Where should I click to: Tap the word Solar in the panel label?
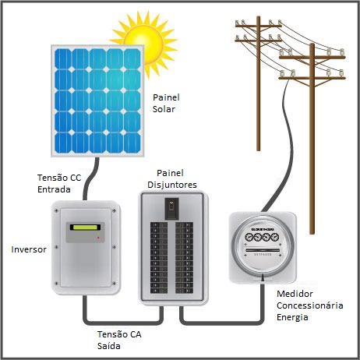coord(164,109)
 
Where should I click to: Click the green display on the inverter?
coord(85,228)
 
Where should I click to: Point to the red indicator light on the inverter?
coord(98,238)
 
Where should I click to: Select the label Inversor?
coord(29,249)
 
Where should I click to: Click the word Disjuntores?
coord(172,185)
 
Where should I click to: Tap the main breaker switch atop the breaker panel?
coord(171,209)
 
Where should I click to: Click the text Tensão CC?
coord(59,178)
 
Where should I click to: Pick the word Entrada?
coord(54,189)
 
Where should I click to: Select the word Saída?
coord(109,346)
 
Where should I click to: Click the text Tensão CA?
coord(119,334)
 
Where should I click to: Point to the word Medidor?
coord(295,294)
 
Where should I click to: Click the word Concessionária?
coord(310,305)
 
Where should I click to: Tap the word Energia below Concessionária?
coord(292,317)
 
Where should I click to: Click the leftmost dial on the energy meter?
coord(249,237)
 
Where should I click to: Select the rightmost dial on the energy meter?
coord(275,237)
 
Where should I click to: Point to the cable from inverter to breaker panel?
coord(122,323)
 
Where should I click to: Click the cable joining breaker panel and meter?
coord(222,323)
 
